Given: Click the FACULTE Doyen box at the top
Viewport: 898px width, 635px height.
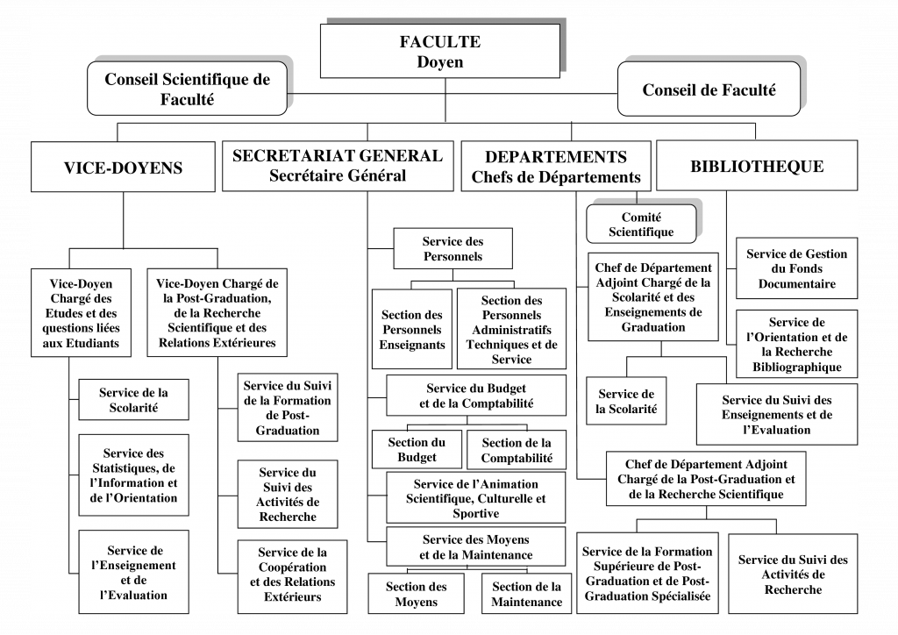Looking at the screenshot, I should coord(439,51).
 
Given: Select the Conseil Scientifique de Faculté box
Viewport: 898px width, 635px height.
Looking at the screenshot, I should coord(188,89).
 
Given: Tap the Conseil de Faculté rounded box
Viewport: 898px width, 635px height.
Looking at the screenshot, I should coord(709,89).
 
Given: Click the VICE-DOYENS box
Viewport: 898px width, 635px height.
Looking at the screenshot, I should coord(123,168).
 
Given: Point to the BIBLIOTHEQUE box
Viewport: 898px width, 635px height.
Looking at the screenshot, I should coord(756,166).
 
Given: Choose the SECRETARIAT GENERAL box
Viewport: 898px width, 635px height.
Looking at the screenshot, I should coord(338,166).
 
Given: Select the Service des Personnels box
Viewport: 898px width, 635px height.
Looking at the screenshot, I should coord(453,249).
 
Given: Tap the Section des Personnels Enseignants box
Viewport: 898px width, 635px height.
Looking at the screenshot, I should coord(412,329).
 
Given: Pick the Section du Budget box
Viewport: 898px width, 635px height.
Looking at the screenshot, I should coord(417,450).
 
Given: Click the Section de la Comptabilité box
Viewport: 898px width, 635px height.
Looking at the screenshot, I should coord(517,450).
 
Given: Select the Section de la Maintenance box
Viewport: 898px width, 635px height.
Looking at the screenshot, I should coord(526,594).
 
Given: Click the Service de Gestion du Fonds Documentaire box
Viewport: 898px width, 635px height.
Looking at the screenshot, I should coord(796,268).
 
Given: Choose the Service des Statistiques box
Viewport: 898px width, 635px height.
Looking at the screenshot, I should coord(133,475).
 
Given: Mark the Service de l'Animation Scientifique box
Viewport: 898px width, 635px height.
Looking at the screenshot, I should coord(477,498).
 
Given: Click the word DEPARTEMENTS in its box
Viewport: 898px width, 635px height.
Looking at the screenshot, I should coord(555,157).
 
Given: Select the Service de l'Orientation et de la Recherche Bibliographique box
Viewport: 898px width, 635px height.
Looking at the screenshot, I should coord(796,345).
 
